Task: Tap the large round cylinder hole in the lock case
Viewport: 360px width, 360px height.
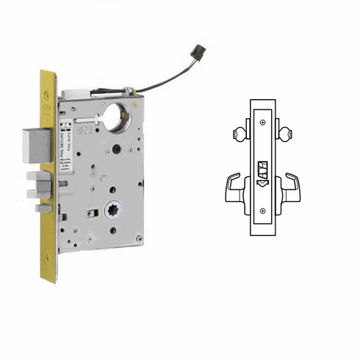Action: (x=116, y=118)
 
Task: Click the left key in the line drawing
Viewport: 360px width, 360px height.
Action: (x=237, y=134)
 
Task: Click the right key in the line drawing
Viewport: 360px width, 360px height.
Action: (x=286, y=134)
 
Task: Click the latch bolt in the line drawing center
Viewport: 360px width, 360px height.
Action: (x=262, y=171)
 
